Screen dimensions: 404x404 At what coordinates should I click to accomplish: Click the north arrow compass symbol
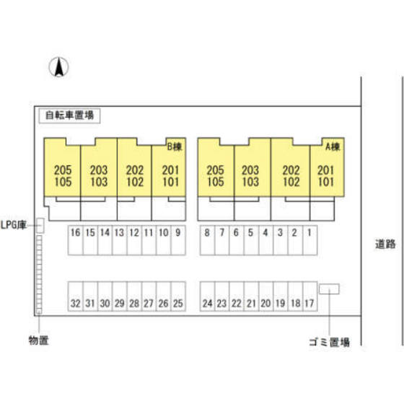pyautogui.click(x=58, y=67)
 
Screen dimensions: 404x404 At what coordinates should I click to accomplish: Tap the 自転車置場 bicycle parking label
pyautogui.click(x=69, y=115)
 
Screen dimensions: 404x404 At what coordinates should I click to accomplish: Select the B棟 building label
pyautogui.click(x=175, y=146)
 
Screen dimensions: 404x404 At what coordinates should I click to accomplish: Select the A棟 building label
pyautogui.click(x=333, y=146)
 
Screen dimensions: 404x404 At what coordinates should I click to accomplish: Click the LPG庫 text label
pyautogui.click(x=14, y=225)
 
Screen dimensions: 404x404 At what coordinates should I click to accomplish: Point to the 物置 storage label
pyautogui.click(x=39, y=341)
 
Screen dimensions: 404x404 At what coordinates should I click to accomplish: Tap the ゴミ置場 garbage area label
pyautogui.click(x=329, y=342)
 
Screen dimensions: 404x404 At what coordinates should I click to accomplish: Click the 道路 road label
pyautogui.click(x=385, y=244)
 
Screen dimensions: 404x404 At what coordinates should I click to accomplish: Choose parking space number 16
pyautogui.click(x=76, y=240)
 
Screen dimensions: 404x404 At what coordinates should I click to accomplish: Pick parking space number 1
pyautogui.click(x=310, y=240)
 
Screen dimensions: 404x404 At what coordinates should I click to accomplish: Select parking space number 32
pyautogui.click(x=76, y=297)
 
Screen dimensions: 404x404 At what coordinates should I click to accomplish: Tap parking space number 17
pyautogui.click(x=310, y=297)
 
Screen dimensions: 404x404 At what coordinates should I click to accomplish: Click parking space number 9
pyautogui.click(x=178, y=240)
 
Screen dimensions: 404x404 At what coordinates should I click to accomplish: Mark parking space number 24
pyautogui.click(x=208, y=297)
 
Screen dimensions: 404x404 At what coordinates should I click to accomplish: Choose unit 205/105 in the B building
pyautogui.click(x=62, y=176)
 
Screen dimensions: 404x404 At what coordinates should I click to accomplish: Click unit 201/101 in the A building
pyautogui.click(x=327, y=176)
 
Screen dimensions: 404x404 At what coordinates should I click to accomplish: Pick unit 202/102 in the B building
pyautogui.click(x=134, y=176)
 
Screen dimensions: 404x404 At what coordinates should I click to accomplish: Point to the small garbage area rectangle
pyautogui.click(x=329, y=289)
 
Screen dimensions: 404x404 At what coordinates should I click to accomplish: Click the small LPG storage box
pyautogui.click(x=40, y=226)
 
